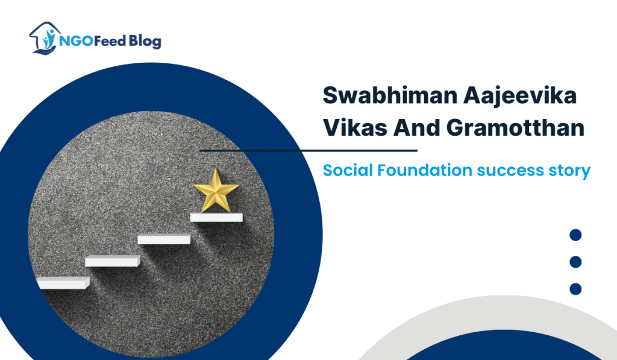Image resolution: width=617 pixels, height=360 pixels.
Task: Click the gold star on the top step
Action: point(216,191)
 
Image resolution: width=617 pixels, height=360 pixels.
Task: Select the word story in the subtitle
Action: point(569,171)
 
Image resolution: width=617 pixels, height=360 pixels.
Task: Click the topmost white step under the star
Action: point(216,217)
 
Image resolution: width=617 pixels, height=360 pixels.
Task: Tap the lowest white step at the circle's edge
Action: point(63,282)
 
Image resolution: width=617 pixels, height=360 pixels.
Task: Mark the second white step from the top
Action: point(164,239)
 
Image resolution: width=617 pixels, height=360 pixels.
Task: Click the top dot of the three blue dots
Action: point(575,235)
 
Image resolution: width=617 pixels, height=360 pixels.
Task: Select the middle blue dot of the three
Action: point(575,262)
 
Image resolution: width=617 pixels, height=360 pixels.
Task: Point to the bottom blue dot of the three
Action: point(575,289)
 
